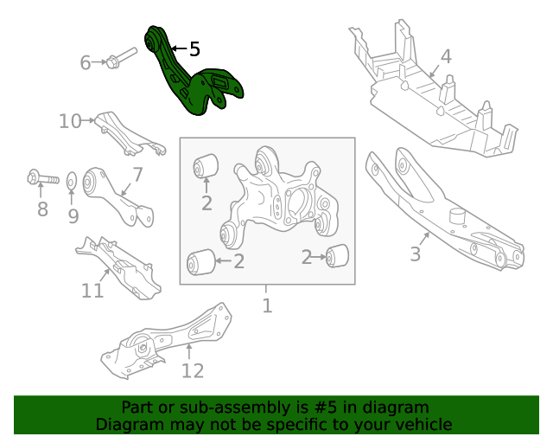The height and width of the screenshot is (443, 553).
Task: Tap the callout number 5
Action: pyautogui.click(x=194, y=50)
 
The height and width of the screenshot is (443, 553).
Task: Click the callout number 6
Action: pyautogui.click(x=86, y=62)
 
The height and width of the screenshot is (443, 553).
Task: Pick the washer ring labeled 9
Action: pyautogui.click(x=73, y=181)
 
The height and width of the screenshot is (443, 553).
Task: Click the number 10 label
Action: pyautogui.click(x=70, y=121)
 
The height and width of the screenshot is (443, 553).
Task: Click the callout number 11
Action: pyautogui.click(x=92, y=291)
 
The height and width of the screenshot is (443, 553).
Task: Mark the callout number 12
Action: pyautogui.click(x=193, y=371)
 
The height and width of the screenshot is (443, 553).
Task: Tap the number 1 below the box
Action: pyautogui.click(x=267, y=305)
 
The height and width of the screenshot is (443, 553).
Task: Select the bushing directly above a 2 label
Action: pyautogui.click(x=206, y=163)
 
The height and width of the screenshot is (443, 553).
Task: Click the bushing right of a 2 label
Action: pyautogui.click(x=338, y=255)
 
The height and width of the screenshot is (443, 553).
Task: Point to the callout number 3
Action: pyautogui.click(x=416, y=254)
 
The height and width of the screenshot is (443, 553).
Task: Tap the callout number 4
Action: pyautogui.click(x=445, y=57)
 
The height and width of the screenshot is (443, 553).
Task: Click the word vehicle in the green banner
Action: pyautogui.click(x=421, y=424)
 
